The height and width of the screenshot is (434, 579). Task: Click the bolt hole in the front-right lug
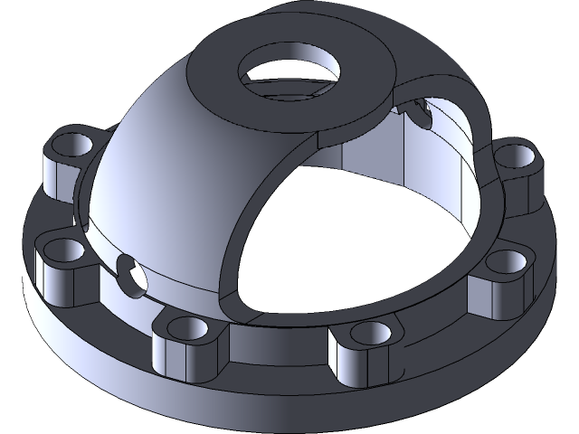click(367, 334)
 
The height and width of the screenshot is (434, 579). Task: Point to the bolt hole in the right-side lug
click(499, 263)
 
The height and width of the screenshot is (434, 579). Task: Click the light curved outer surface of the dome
click(145, 181)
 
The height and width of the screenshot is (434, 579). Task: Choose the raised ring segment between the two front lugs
click(276, 348)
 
